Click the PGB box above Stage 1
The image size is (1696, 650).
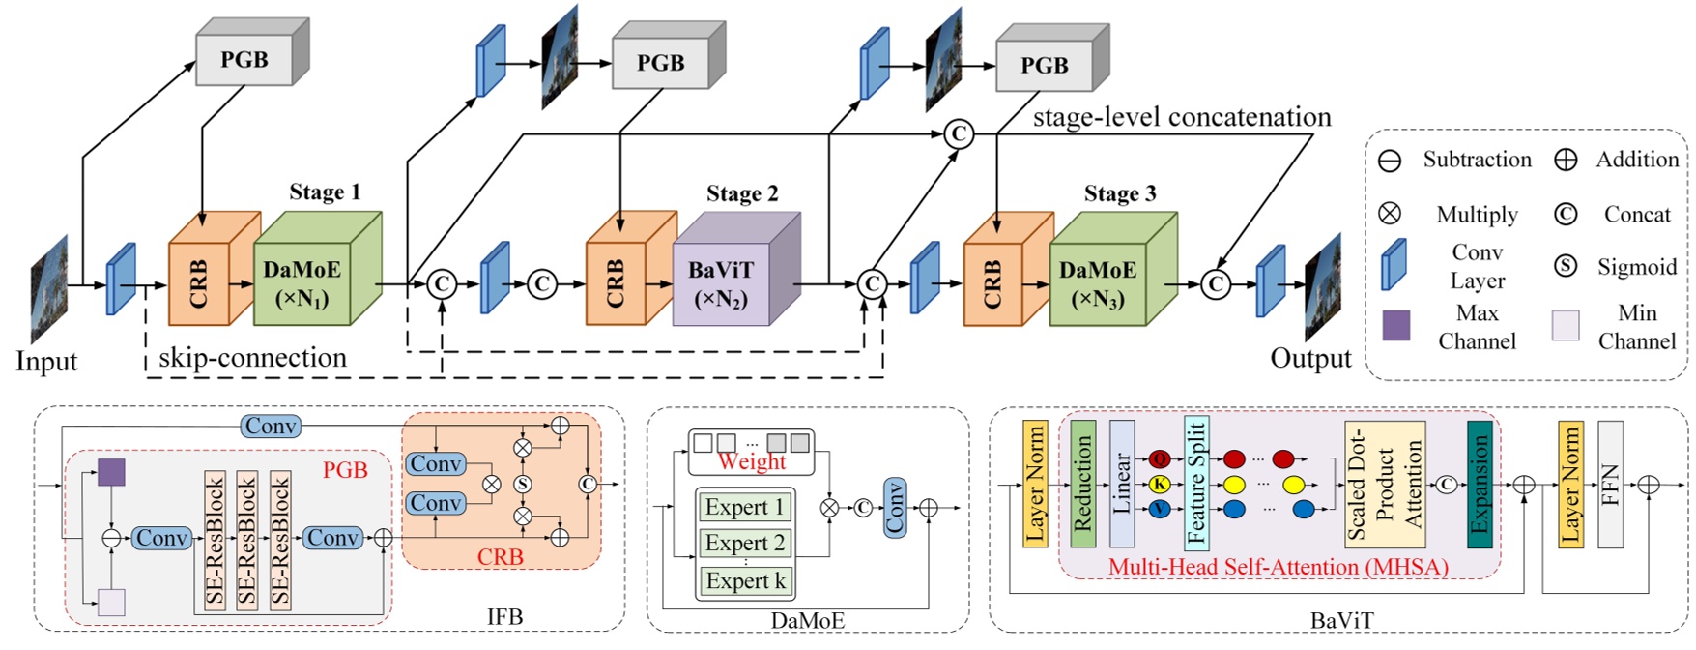[x=244, y=60]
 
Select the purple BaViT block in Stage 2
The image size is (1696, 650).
[x=721, y=282]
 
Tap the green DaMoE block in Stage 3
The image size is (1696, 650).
[x=1098, y=283]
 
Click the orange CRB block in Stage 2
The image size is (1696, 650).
[x=616, y=282]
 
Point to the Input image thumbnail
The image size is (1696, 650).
[x=48, y=288]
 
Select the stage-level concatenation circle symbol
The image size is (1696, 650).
[x=959, y=133]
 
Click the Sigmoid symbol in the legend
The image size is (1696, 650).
[x=1566, y=266]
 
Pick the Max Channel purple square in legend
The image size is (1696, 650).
[x=1395, y=325]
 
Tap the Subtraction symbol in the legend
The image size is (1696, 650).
[x=1390, y=161]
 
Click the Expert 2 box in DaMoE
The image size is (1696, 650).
[x=745, y=543]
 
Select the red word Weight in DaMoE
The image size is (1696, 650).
[x=752, y=462]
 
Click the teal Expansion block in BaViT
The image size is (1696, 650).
[x=1480, y=484]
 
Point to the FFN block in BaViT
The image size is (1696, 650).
[x=1610, y=484]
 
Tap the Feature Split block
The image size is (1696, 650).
[x=1196, y=484]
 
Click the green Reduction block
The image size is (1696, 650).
[x=1082, y=484]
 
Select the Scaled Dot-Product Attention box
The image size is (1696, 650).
[x=1385, y=484]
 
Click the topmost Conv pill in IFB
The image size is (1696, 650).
[x=271, y=426]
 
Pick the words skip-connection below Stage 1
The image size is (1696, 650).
[x=252, y=358]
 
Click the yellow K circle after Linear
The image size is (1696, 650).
[x=1160, y=484]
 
